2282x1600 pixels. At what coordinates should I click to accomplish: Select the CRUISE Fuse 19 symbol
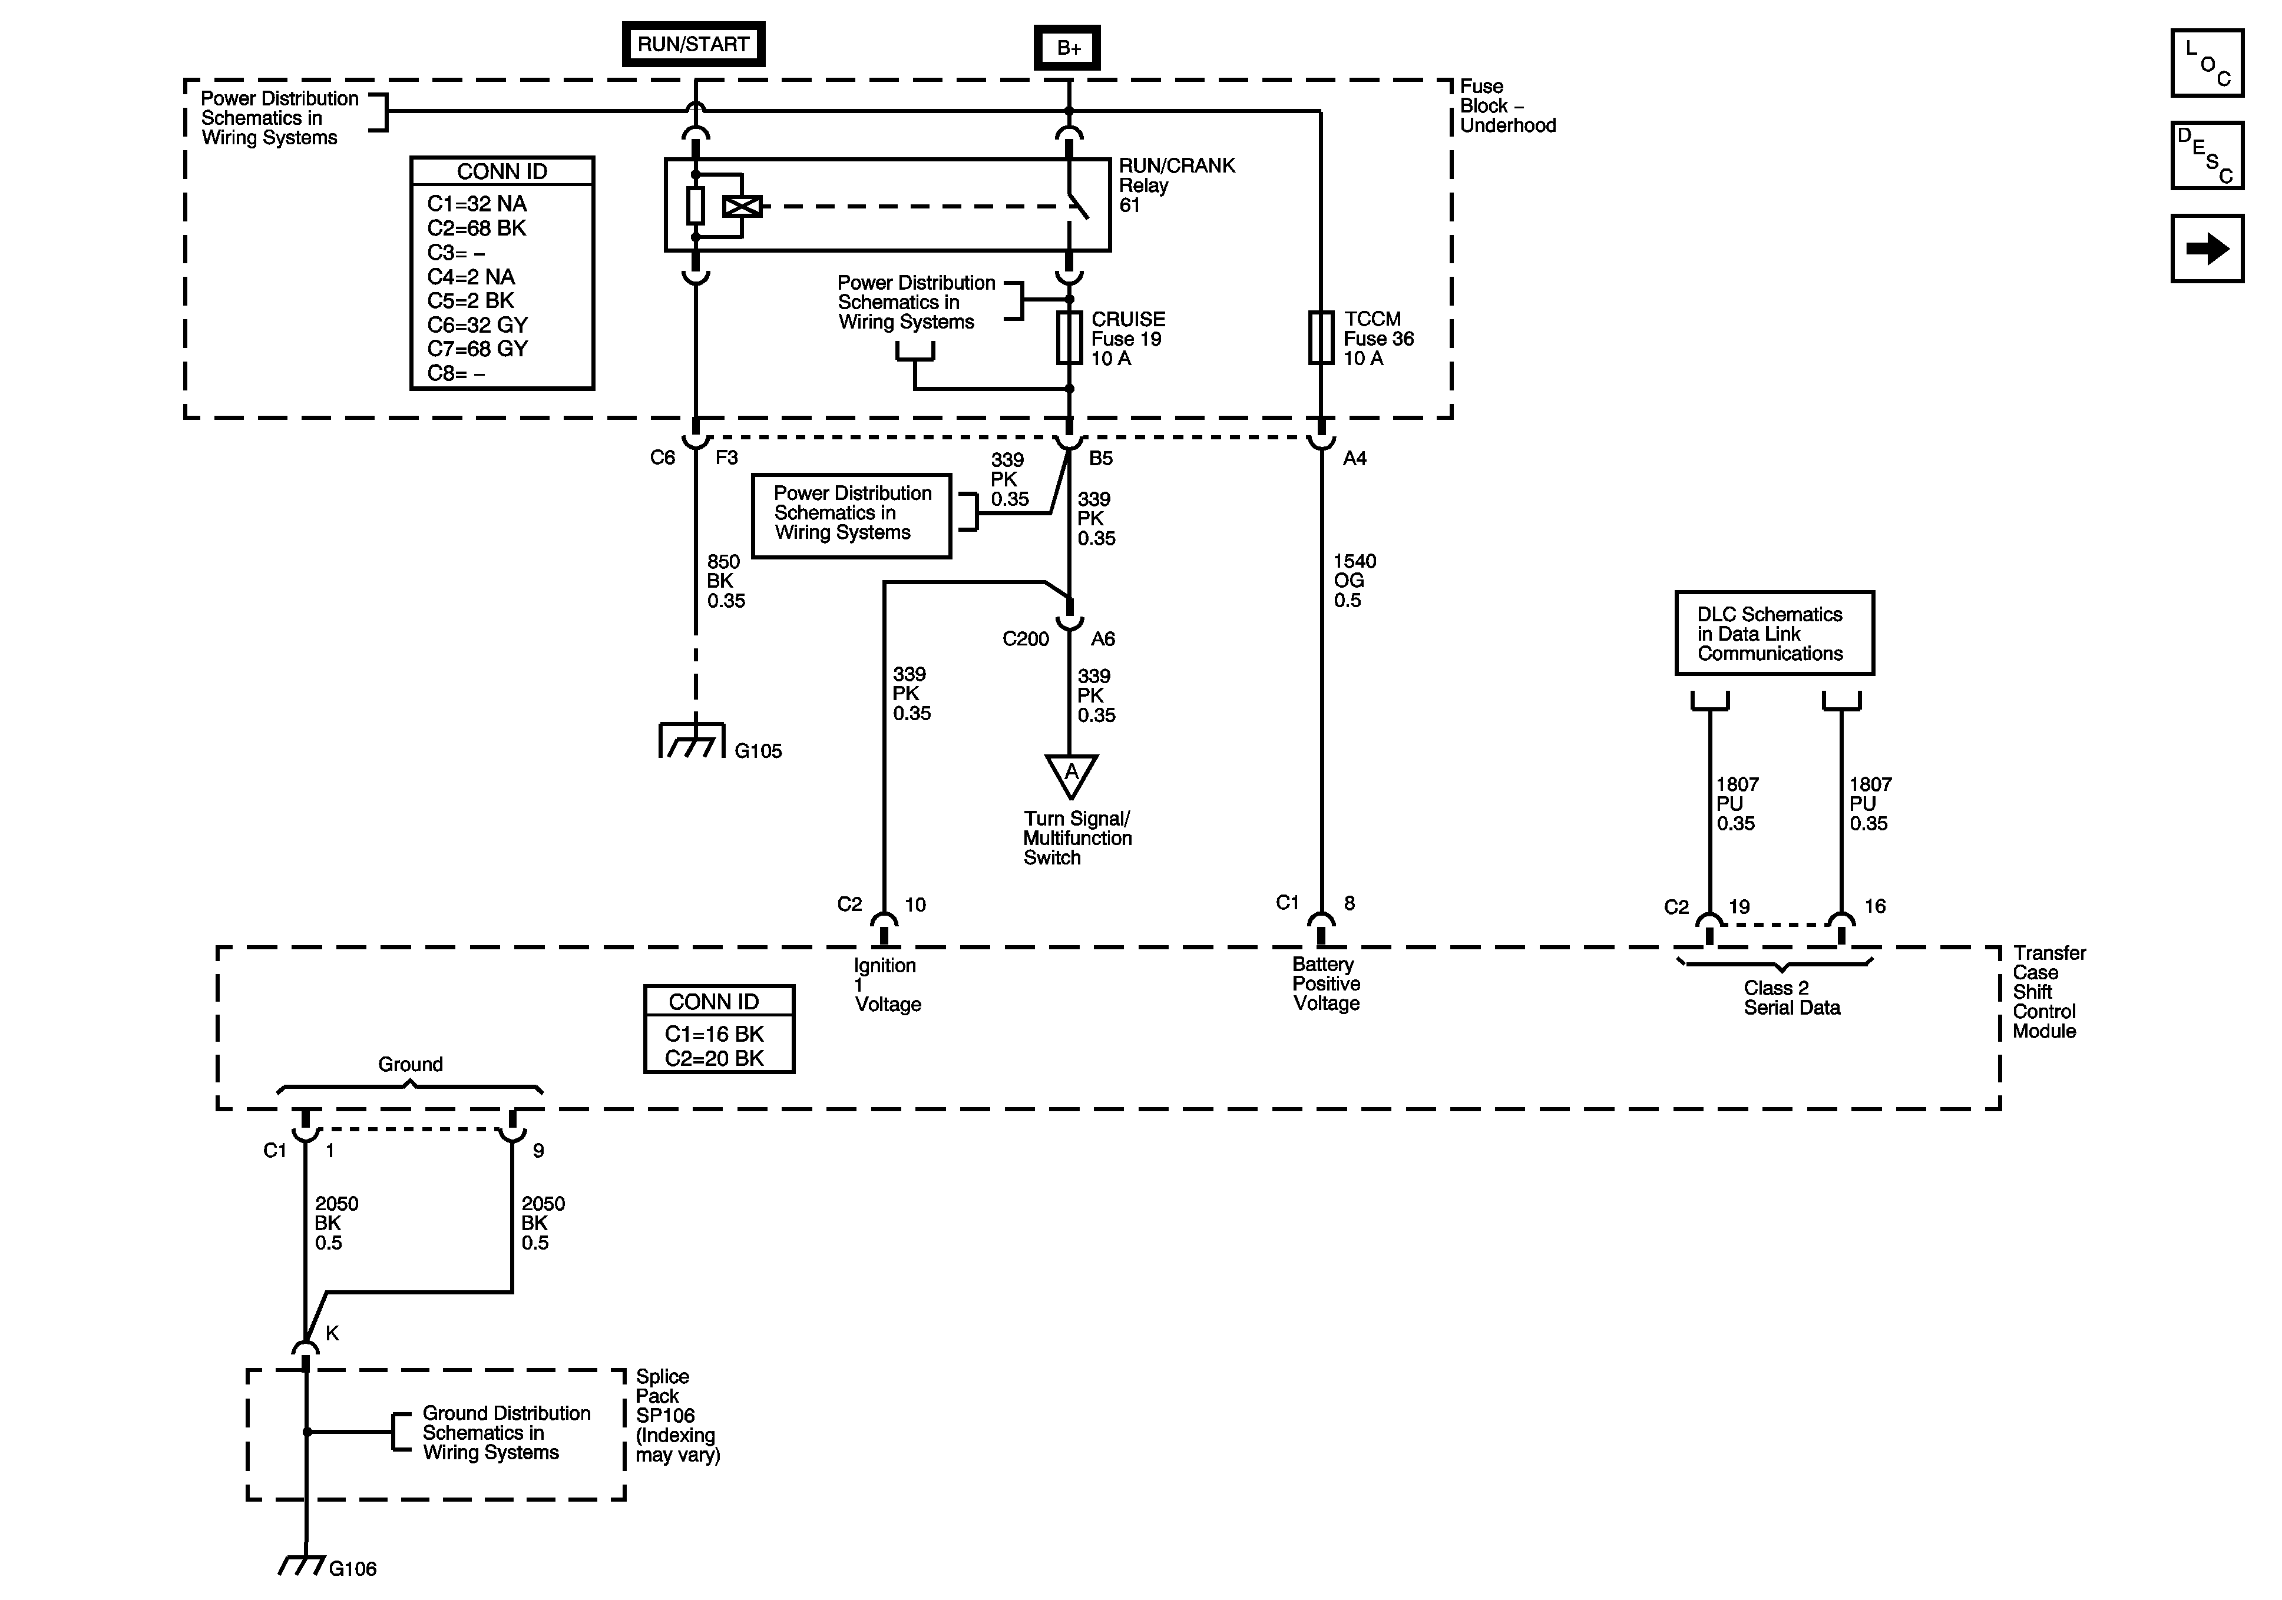(x=1070, y=338)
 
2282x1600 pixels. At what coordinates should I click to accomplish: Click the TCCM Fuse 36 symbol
(x=1321, y=338)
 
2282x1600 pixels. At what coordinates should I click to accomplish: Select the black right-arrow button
(x=2207, y=249)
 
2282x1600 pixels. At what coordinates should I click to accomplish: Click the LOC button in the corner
(x=2207, y=62)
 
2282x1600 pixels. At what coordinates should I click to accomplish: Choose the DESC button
(x=2207, y=155)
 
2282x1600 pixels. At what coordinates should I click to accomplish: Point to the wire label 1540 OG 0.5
(x=1354, y=581)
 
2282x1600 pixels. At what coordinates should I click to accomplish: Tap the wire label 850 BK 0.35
(x=726, y=581)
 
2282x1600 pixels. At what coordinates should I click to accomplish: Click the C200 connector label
(x=1026, y=639)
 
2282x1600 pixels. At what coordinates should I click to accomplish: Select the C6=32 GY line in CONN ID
(x=477, y=325)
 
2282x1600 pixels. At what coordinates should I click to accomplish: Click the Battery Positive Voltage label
(x=1326, y=984)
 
